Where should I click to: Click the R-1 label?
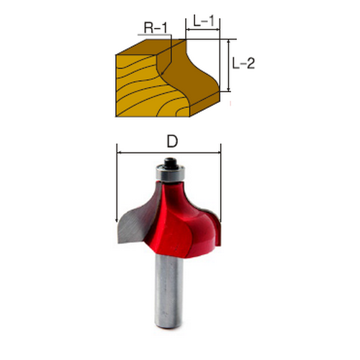(156, 27)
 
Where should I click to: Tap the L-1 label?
(204, 21)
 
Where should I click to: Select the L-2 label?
(243, 63)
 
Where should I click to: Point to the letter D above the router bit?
(172, 141)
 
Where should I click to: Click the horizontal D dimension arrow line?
(168, 153)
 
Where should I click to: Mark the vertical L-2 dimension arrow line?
(229, 66)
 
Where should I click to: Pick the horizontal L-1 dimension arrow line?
(203, 30)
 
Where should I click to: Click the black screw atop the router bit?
(170, 163)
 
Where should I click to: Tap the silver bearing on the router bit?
(169, 174)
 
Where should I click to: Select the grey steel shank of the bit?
(168, 290)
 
